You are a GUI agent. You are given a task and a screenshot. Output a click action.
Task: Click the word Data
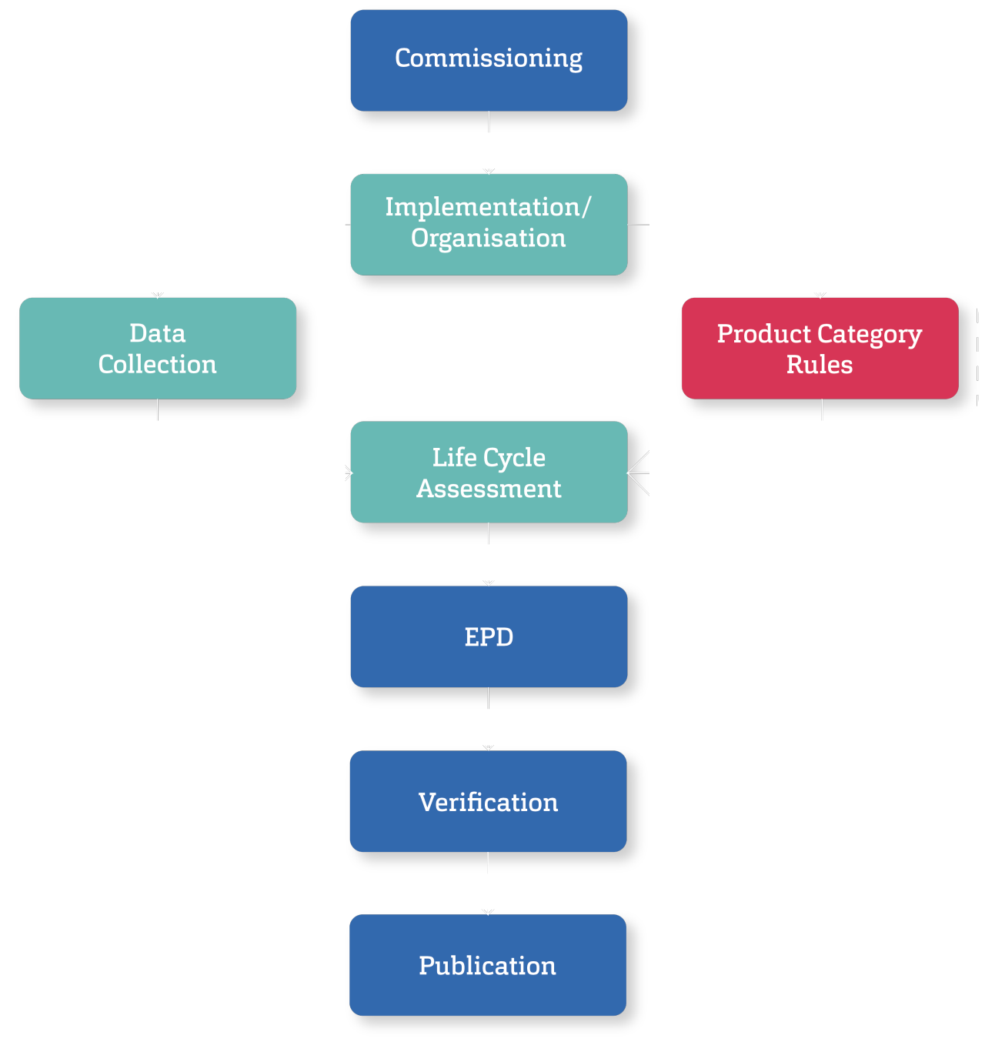[158, 333]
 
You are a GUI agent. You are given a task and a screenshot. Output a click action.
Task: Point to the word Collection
[158, 364]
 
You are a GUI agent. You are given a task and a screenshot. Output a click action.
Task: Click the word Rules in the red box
[820, 364]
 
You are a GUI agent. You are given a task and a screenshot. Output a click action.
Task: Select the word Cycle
[514, 458]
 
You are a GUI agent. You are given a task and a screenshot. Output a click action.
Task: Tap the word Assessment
[489, 489]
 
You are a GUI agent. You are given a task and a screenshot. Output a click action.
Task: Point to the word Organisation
[489, 239]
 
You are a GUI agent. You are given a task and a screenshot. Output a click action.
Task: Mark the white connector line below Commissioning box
[489, 122]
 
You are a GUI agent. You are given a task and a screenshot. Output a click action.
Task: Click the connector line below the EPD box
[489, 698]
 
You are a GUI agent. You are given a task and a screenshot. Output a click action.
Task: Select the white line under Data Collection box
[158, 409]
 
